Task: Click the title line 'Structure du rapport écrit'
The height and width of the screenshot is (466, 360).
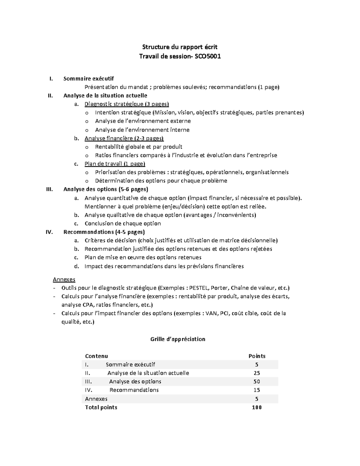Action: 180,47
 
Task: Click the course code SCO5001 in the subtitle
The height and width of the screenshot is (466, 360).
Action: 208,56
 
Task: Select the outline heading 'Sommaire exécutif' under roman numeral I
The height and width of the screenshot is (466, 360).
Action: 88,79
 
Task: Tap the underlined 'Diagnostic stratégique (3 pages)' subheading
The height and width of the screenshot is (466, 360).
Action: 127,104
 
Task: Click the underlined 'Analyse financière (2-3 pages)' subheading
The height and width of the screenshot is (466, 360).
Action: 124,138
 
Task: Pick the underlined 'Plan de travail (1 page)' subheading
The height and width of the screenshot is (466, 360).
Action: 115,164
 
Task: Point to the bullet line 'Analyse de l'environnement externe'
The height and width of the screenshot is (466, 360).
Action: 143,121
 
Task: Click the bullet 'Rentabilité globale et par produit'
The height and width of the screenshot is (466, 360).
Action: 139,147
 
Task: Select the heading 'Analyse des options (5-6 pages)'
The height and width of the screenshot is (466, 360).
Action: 106,189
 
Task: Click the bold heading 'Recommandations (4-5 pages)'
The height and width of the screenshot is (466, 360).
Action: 104,232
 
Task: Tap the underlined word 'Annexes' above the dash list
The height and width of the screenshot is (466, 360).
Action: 64,279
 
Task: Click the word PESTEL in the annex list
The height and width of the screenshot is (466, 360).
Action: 199,288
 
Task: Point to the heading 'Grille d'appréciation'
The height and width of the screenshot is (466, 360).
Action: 178,339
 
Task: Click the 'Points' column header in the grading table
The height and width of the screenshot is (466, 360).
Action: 257,356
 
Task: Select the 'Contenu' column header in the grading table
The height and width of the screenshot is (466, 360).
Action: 96,356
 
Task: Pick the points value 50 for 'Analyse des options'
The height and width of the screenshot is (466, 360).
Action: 256,382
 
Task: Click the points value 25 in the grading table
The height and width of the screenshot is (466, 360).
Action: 256,373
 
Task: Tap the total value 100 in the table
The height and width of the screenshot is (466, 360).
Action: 256,407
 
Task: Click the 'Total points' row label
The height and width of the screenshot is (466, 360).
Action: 101,407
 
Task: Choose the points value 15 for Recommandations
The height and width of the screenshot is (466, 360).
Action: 256,390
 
